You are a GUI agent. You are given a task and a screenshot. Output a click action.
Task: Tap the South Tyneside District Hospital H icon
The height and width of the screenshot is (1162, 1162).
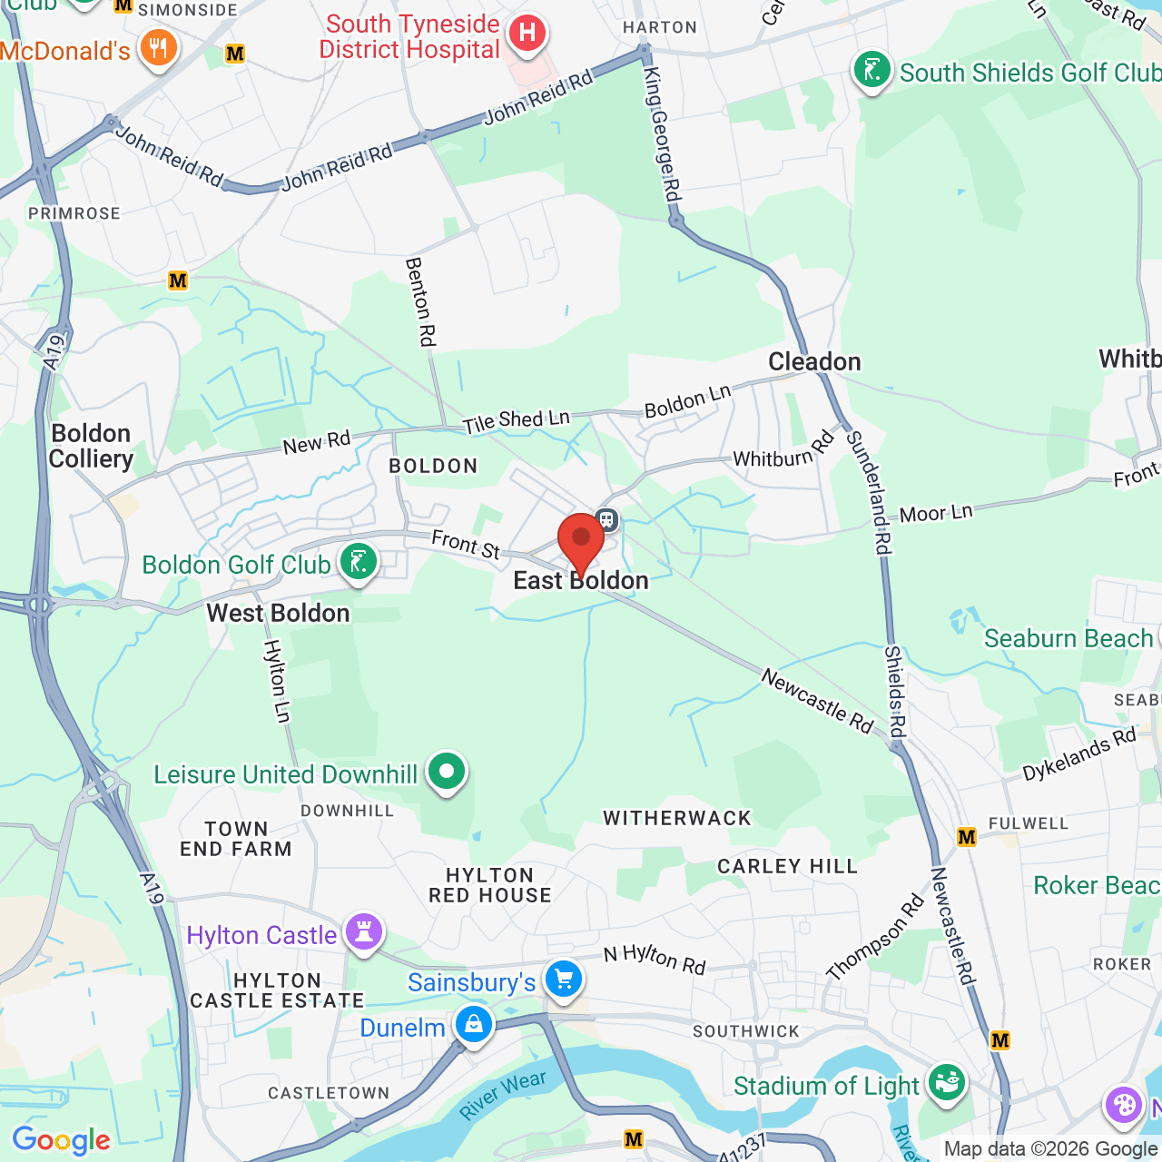[x=527, y=34]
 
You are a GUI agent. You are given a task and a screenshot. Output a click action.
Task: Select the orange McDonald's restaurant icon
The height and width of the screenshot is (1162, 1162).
[x=158, y=47]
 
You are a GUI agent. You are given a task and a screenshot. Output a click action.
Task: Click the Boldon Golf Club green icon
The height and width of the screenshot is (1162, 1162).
[x=359, y=562]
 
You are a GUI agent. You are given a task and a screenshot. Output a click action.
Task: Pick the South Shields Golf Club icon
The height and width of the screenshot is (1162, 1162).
[x=871, y=70]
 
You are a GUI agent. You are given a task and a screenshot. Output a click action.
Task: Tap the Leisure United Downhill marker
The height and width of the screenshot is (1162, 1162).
[x=446, y=772]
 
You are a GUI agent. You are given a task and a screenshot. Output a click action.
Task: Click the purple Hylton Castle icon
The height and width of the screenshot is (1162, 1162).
[x=364, y=932]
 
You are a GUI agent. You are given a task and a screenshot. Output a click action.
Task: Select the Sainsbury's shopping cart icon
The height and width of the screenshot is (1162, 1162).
[x=564, y=980]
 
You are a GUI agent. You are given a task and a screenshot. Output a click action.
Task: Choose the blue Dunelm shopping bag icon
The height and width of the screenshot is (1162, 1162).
[x=473, y=1025]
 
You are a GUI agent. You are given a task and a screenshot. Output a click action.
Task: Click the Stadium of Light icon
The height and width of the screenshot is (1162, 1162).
[x=946, y=1083]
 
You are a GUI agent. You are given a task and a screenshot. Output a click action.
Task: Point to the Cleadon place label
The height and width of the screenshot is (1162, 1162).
[x=814, y=361]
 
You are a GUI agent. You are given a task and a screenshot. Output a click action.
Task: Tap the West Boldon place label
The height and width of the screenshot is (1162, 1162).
[x=278, y=613]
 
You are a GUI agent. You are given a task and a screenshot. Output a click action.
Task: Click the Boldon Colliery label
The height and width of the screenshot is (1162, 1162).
[x=91, y=446]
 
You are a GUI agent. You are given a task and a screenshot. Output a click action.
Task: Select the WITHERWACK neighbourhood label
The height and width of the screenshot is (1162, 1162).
[x=677, y=818]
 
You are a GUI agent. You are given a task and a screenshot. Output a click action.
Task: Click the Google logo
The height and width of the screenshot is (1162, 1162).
[x=61, y=1140]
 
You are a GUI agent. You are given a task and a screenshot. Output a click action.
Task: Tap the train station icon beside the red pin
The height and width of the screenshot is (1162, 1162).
[x=606, y=520]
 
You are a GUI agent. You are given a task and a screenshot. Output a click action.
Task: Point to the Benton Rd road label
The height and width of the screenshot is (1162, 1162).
[x=420, y=301]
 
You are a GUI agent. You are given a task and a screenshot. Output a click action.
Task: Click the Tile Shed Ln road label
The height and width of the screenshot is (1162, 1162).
[x=516, y=420]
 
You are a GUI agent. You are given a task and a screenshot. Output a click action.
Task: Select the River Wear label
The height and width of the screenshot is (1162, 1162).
[x=502, y=1094]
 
